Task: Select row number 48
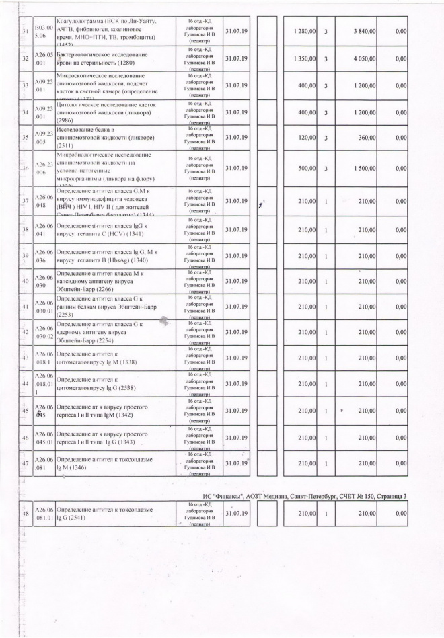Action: (x=25, y=514)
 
